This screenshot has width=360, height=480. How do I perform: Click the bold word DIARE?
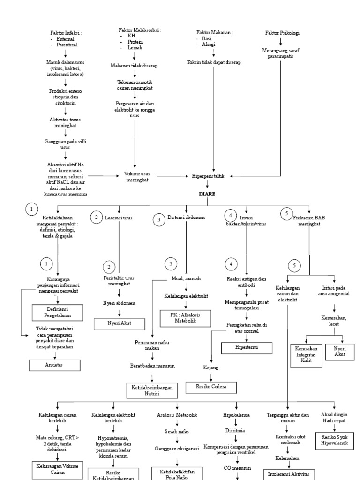pos(206,194)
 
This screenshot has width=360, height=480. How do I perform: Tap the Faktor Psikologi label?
pos(282,33)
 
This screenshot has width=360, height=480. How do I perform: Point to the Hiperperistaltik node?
pos(208,176)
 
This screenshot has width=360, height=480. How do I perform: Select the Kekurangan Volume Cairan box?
pos(57,469)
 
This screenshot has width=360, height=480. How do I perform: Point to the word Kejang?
pos(210,368)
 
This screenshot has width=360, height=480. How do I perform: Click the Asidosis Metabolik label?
pos(177,415)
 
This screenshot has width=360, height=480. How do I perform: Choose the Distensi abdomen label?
pos(186,218)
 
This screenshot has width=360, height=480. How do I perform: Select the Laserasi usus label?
pos(120,218)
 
